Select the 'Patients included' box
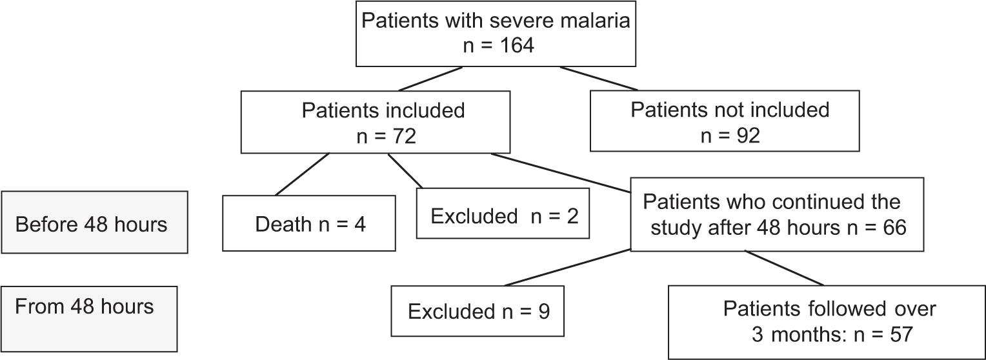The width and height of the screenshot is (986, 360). (x=375, y=122)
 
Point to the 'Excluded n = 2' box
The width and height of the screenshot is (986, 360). (x=503, y=214)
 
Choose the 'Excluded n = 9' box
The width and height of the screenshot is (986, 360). (x=478, y=312)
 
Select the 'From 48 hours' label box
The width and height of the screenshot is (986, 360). (x=89, y=319)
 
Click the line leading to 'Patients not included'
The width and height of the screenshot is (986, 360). (x=598, y=78)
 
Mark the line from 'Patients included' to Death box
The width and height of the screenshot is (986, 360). (x=303, y=174)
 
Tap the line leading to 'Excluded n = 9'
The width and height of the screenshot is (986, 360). (x=568, y=268)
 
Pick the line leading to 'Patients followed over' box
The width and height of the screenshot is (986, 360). (x=784, y=268)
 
